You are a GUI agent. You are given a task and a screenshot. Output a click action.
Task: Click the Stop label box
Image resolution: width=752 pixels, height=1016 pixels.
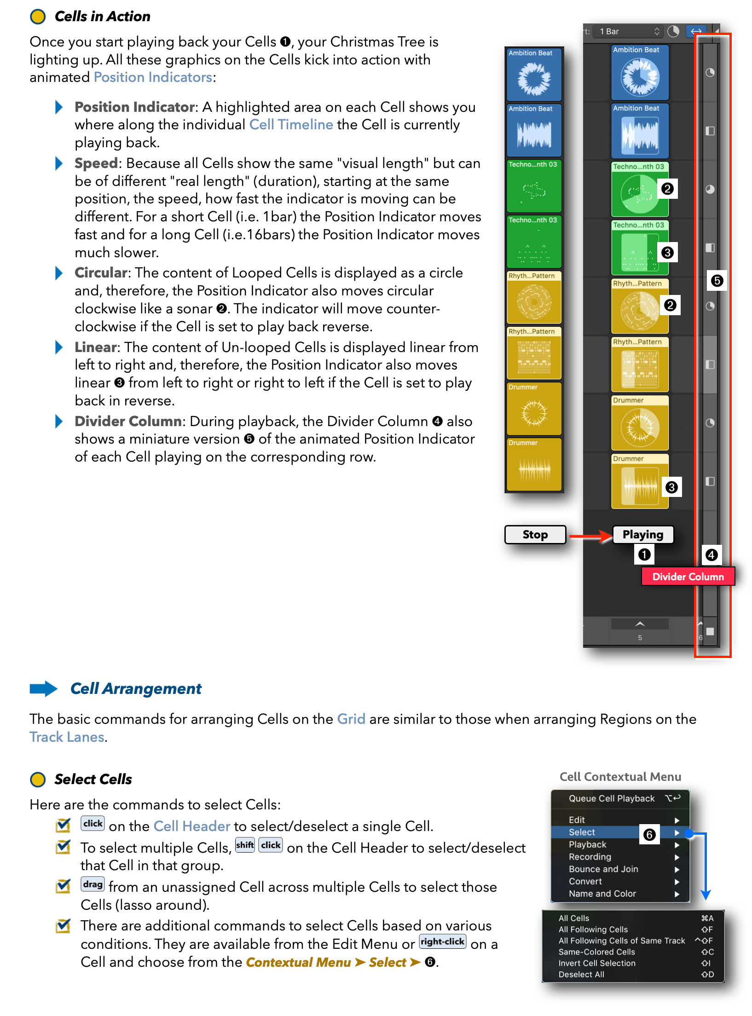(535, 534)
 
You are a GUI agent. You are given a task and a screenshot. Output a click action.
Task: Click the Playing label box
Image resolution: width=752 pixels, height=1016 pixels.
(642, 534)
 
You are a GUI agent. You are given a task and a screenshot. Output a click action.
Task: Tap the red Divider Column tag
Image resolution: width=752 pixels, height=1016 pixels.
(688, 577)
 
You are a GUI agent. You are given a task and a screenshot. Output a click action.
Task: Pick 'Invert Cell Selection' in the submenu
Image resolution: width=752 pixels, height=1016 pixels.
(596, 963)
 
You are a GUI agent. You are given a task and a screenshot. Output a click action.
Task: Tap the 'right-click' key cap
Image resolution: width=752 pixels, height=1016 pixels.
(442, 941)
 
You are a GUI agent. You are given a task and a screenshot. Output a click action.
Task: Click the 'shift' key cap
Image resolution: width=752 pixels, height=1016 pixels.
(244, 845)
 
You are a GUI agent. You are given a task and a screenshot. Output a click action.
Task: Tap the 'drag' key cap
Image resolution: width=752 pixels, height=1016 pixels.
(93, 884)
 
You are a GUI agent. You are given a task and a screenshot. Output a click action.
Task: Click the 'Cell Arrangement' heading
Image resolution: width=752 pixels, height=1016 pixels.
(136, 688)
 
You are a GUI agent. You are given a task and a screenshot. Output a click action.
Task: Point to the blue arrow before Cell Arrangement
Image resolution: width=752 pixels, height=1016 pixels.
(43, 688)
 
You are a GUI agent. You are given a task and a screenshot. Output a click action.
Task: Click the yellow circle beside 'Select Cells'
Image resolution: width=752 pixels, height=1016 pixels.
(38, 779)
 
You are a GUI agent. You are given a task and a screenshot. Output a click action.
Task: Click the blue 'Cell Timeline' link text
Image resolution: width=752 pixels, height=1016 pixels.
(291, 125)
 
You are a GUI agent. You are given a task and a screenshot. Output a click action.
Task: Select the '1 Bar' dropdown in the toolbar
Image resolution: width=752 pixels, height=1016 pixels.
(629, 31)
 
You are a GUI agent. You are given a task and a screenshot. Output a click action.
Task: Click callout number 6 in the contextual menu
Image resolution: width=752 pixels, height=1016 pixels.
(649, 834)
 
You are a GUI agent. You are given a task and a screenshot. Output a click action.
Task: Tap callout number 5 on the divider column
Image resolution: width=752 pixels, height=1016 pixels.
(717, 281)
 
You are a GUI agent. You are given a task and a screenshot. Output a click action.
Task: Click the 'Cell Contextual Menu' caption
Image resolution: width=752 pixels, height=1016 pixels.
(620, 777)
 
